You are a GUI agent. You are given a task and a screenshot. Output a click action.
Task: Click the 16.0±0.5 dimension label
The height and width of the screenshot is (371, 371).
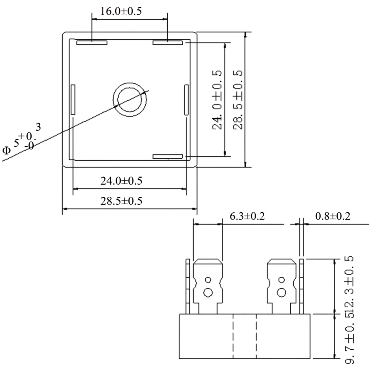121,11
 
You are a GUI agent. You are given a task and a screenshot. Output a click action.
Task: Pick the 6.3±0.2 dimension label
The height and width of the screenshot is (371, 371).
247,216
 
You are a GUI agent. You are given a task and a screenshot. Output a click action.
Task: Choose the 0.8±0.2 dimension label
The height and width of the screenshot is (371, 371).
333,216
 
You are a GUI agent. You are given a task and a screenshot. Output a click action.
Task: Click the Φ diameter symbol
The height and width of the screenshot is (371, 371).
6,150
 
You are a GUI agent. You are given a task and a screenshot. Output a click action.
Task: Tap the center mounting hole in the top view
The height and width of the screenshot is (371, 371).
130,100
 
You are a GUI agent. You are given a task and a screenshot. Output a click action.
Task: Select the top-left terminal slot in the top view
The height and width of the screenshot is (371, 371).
92,43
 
